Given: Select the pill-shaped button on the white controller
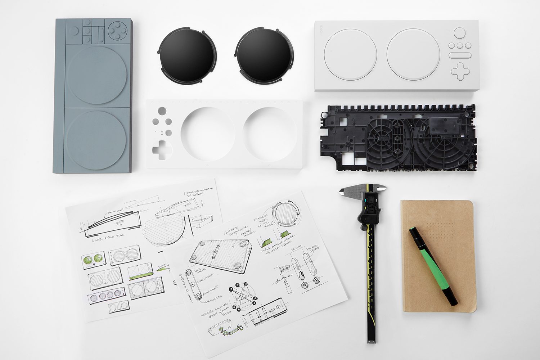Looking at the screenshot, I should pos(460,55).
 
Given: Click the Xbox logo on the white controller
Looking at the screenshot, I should pos(459,33).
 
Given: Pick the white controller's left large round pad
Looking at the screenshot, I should pos(350,54).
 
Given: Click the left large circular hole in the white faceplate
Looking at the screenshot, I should pos(206,133).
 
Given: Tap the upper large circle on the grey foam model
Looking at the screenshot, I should pos(96,75).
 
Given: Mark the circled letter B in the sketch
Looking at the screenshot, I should pos(316,281).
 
